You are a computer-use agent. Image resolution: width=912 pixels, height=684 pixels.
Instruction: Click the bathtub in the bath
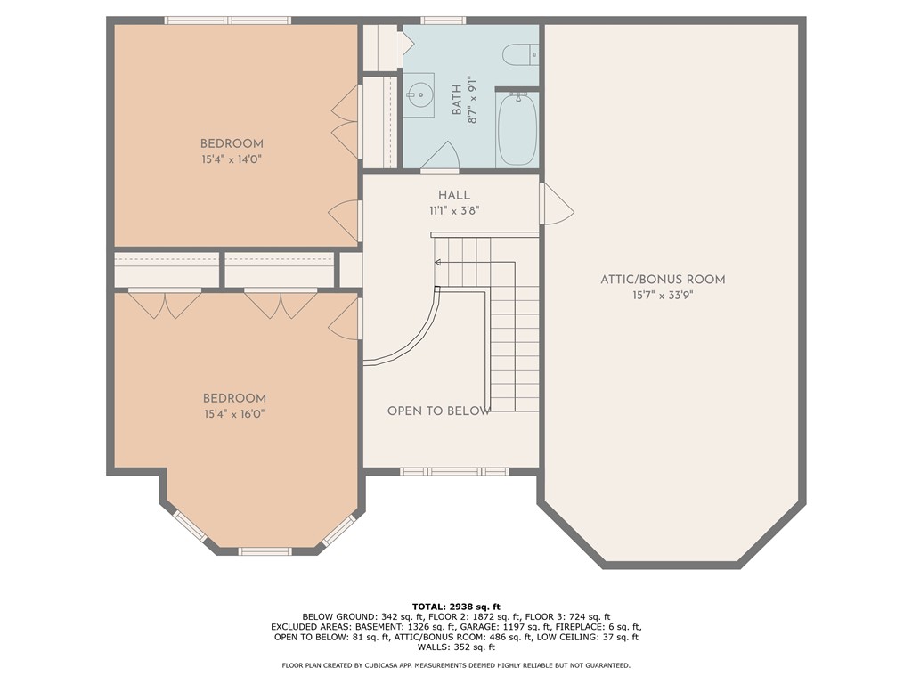(x=517, y=130)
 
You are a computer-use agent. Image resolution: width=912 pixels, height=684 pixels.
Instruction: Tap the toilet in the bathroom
(x=521, y=54)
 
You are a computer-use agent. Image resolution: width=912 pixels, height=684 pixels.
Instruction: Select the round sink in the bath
(x=418, y=94)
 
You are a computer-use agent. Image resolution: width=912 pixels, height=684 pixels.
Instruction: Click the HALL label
(x=454, y=195)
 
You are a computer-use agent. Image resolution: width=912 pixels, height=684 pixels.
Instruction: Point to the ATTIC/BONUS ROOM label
(x=663, y=280)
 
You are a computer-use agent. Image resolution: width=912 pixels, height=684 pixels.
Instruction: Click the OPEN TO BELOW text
(x=439, y=411)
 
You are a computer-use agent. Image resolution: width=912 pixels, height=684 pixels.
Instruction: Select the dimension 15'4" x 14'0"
(x=232, y=159)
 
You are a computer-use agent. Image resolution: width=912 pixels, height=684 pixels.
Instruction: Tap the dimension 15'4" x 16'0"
(x=234, y=413)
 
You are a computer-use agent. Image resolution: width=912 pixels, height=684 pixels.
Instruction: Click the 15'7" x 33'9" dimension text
(x=663, y=295)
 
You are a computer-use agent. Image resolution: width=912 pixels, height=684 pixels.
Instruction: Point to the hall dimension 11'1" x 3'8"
(x=454, y=211)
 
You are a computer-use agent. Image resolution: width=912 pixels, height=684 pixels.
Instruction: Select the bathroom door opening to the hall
(x=440, y=159)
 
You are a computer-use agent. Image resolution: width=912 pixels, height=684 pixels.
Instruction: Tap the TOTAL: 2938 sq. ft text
(x=455, y=606)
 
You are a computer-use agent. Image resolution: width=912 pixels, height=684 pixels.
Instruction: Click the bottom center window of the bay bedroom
(x=265, y=551)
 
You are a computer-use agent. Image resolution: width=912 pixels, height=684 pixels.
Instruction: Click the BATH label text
(x=457, y=100)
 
